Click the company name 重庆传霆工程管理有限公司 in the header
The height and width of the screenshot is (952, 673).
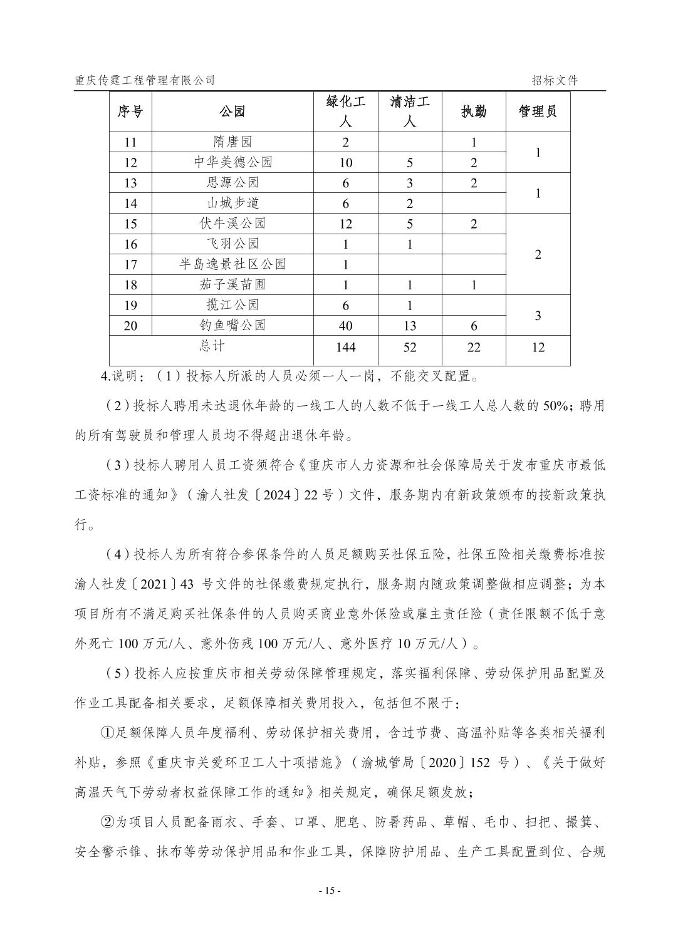tap(144, 80)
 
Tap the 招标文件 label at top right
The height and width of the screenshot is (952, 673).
tap(555, 80)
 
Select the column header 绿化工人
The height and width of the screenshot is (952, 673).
tap(345, 111)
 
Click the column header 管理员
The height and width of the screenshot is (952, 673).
tap(538, 111)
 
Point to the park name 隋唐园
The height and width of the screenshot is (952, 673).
tap(232, 142)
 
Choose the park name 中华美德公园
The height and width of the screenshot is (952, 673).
tap(232, 162)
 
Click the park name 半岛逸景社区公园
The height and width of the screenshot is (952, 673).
tap(232, 264)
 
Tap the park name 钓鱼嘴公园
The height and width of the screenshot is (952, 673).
tap(232, 325)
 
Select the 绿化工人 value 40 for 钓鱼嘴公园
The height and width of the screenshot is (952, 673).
tap(345, 326)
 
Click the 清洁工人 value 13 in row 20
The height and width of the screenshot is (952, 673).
tap(410, 326)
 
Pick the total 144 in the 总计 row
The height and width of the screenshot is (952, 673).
tap(345, 347)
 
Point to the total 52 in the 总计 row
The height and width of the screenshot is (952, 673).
tap(410, 347)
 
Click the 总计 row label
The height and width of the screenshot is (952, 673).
tap(211, 345)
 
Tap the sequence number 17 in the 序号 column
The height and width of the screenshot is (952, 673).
tap(130, 264)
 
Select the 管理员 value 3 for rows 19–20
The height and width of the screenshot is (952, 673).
tap(538, 316)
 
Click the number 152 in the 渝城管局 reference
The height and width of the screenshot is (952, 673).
tap(478, 763)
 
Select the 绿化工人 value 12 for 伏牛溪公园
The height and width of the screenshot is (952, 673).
tap(345, 224)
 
